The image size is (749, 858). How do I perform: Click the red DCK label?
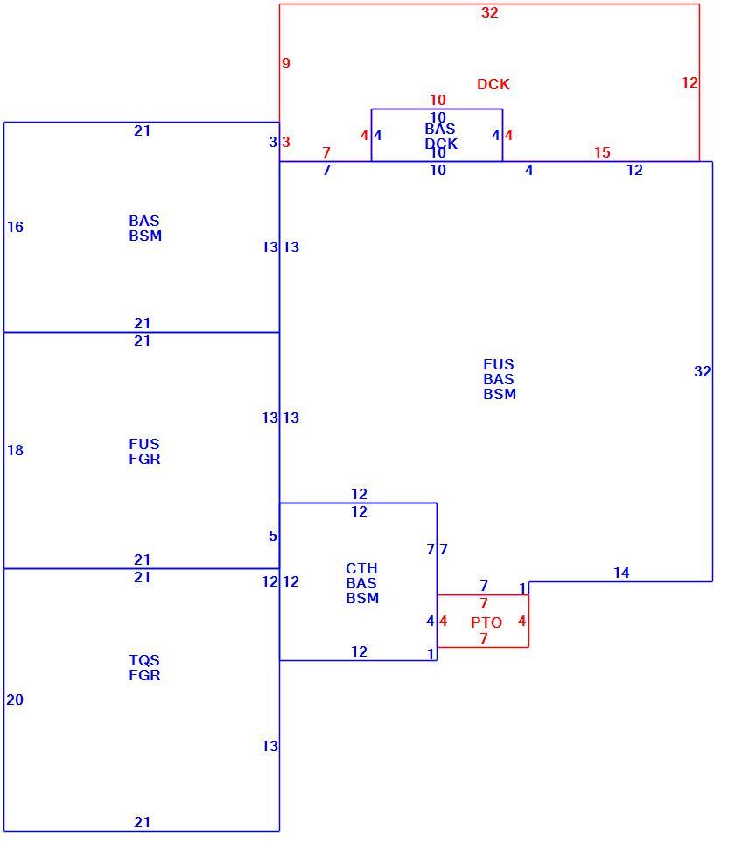pos(493,84)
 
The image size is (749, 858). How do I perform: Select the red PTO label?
pos(486,622)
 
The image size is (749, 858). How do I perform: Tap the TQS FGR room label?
pos(145,667)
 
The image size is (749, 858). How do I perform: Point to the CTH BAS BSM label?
pos(362,583)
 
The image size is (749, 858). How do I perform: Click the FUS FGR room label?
pos(145,452)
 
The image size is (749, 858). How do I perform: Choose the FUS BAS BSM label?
pos(499,379)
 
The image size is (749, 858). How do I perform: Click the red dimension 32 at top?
pos(489,12)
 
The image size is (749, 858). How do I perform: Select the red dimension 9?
pos(286,63)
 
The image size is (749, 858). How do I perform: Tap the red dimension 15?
pos(602,152)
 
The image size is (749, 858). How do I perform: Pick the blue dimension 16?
pos(15,227)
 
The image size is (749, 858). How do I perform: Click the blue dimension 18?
pos(15,450)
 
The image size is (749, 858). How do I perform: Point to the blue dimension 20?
pos(15,700)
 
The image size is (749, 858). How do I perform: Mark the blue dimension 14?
pos(621,573)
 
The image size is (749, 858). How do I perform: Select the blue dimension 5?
pos(273,536)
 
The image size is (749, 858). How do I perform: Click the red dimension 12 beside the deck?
pos(689,82)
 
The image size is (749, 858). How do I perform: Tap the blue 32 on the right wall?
pos(703,371)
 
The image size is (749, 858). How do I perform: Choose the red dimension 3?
pos(286,142)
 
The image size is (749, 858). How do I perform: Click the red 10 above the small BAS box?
pos(437,100)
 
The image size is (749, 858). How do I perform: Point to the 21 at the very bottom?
pos(142,822)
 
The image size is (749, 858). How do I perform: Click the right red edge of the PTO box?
pos(528,621)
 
